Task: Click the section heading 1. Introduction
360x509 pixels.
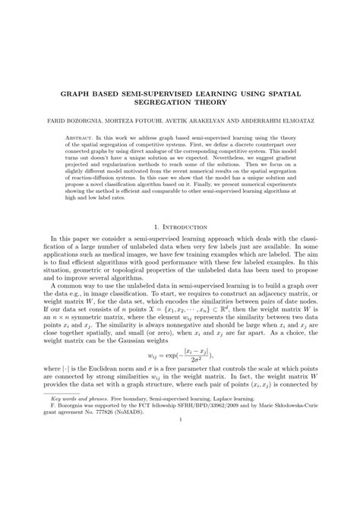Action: [179, 247]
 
